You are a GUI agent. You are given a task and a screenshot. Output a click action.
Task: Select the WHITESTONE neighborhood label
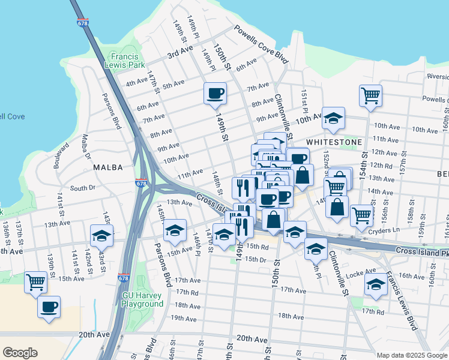(334, 142)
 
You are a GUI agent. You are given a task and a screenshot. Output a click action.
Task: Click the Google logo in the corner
(20, 353)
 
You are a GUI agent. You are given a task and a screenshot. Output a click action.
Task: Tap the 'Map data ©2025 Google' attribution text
(412, 355)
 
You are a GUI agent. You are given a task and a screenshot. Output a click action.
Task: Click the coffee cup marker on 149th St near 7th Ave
(215, 94)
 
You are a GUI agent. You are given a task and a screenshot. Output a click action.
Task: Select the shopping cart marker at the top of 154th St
(371, 94)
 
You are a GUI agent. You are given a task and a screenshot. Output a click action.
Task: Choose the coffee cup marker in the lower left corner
(49, 307)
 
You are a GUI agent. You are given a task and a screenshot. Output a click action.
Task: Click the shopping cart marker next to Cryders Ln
(361, 215)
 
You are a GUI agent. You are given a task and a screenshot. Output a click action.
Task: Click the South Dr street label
(83, 188)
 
